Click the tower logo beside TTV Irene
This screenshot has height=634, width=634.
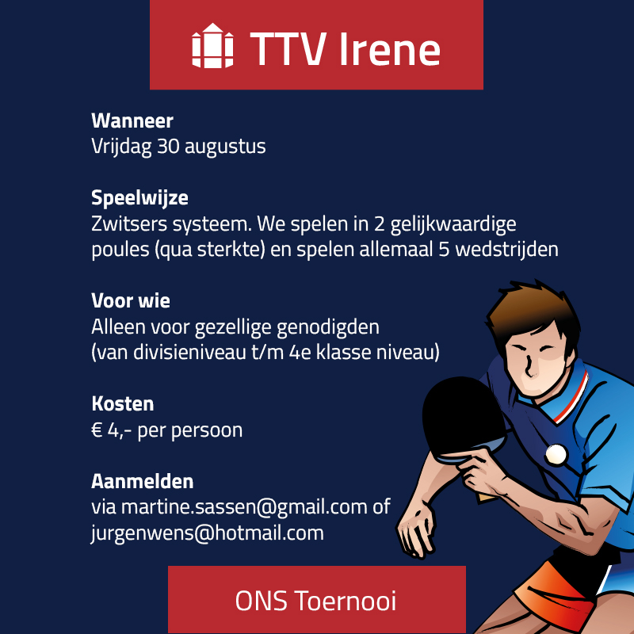(212, 46)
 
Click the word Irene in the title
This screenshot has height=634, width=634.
(389, 49)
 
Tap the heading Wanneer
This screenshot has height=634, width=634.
(132, 120)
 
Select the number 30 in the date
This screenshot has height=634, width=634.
(168, 146)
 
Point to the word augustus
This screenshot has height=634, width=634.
(225, 147)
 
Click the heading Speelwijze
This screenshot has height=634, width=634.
(139, 198)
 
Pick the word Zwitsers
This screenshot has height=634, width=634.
(129, 223)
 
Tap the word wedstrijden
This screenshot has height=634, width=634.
(506, 249)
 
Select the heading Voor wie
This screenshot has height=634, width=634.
(131, 300)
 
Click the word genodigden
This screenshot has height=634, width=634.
(328, 328)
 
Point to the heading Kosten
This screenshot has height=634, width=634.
(123, 403)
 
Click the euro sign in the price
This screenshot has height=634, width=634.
(97, 430)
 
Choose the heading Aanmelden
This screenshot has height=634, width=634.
(143, 481)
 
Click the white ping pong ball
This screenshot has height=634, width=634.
(556, 454)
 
